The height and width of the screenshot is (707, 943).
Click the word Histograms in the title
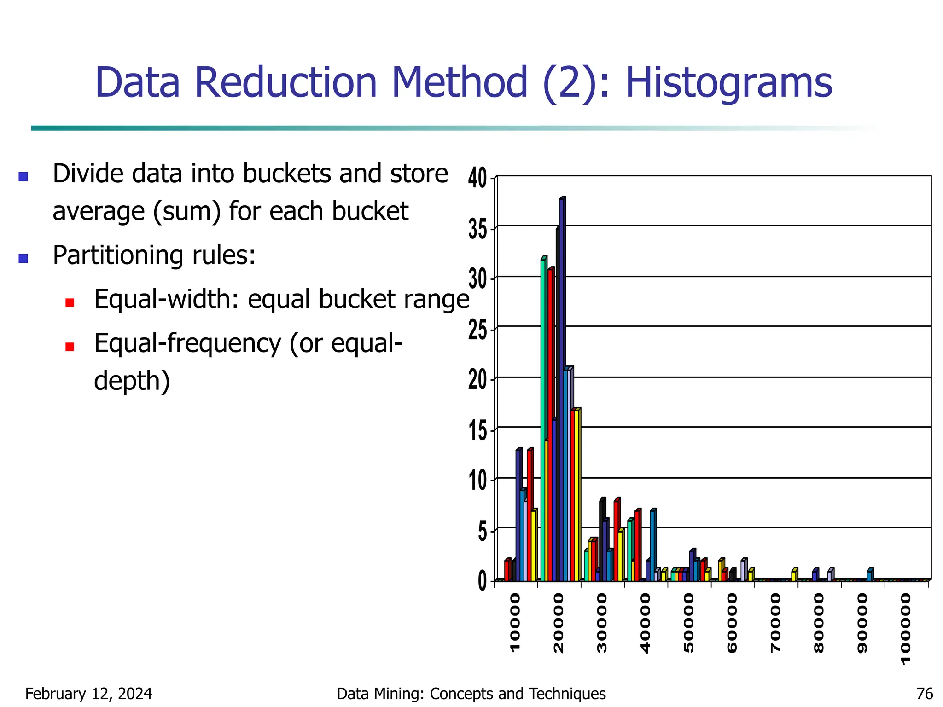click(x=729, y=83)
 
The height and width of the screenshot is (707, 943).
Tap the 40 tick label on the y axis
click(x=477, y=178)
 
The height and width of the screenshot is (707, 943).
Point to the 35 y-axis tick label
click(x=477, y=229)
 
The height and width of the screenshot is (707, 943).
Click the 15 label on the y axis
click(x=477, y=431)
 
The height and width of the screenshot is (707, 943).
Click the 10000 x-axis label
click(x=515, y=622)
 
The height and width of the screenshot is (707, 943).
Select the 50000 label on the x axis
click(x=689, y=622)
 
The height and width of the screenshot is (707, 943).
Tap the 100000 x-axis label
click(x=906, y=628)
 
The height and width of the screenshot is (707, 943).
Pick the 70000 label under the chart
click(x=776, y=622)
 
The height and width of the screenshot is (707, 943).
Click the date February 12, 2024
click(x=88, y=694)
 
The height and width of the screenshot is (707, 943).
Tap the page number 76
click(x=925, y=694)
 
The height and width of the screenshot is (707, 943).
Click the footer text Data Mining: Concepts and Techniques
click(x=471, y=694)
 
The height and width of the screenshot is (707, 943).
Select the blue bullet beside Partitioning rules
click(x=23, y=258)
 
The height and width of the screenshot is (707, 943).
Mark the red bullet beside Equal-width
click(x=70, y=302)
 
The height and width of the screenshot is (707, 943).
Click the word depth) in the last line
click(x=132, y=381)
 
